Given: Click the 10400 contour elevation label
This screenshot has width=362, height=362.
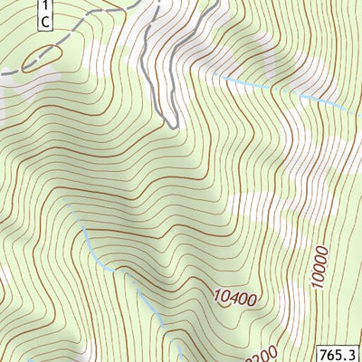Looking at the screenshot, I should (236, 296).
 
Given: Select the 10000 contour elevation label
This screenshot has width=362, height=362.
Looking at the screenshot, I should (319, 264).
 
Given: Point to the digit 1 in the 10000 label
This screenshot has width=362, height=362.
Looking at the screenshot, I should (319, 284).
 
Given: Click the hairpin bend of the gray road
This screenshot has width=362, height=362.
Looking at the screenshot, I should (173, 123).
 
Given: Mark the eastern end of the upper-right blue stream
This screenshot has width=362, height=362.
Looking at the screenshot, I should (348, 110).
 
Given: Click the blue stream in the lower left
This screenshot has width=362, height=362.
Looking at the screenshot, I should (118, 271).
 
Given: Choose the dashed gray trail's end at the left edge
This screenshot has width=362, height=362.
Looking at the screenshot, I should (3, 72).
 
